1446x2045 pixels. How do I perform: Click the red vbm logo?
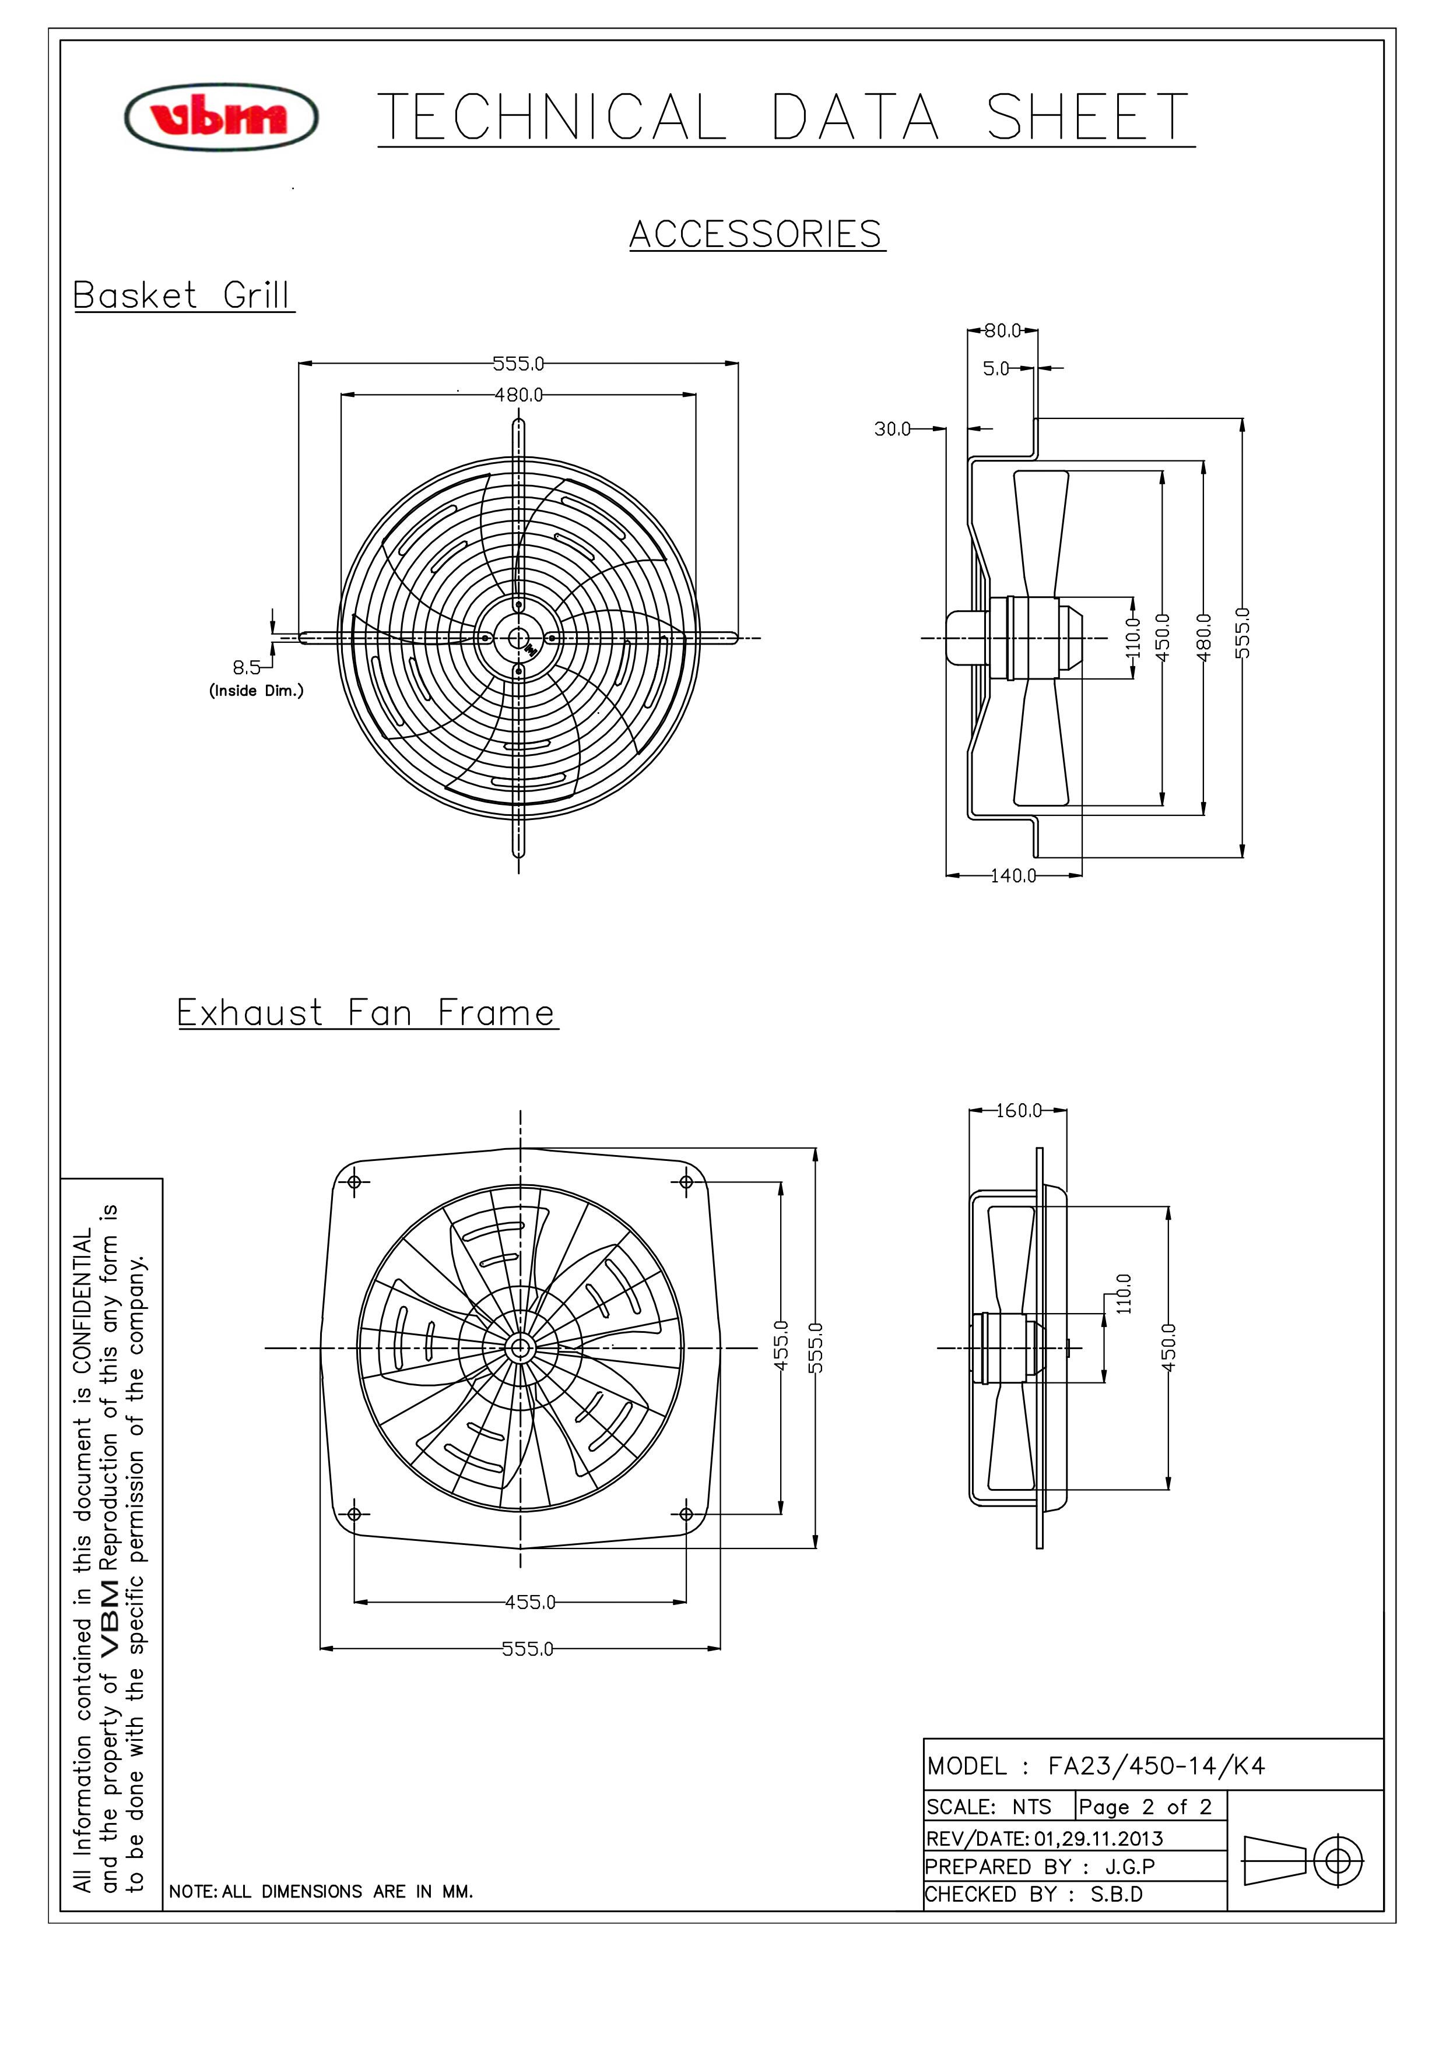coord(221,117)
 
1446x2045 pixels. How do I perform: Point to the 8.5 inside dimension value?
coord(247,667)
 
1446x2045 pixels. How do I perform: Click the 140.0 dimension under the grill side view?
coord(1014,875)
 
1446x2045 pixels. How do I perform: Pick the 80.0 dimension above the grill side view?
coord(1003,330)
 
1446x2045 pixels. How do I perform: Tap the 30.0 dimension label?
coord(893,430)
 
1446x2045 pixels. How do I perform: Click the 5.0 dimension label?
coord(996,368)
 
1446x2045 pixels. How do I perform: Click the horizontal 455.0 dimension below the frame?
coord(530,1602)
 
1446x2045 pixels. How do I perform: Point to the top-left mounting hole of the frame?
coord(354,1182)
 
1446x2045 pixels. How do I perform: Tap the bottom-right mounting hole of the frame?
coord(686,1514)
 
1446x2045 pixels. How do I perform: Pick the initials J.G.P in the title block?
coord(1130,1866)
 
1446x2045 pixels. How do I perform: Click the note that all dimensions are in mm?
coord(321,1891)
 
